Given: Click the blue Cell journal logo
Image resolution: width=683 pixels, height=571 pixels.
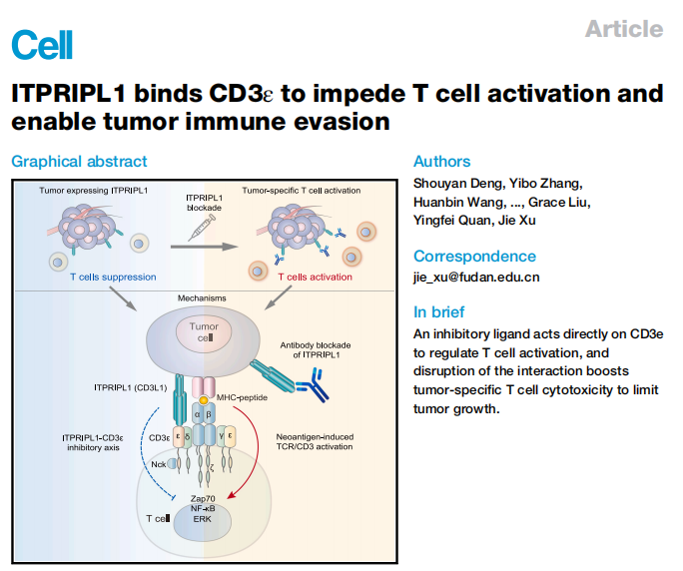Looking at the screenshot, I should tap(42, 43).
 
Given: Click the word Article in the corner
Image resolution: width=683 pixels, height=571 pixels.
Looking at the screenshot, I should tap(624, 28).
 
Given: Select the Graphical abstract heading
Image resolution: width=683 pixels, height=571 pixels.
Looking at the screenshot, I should tap(79, 161).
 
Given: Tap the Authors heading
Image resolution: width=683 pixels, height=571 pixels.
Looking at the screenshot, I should tap(441, 161).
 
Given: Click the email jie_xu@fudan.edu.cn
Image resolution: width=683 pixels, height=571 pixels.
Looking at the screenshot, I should tap(476, 277).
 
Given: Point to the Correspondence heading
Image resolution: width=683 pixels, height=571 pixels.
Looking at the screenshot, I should tap(474, 256).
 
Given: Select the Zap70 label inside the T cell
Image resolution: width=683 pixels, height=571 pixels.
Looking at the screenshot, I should tap(204, 496).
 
